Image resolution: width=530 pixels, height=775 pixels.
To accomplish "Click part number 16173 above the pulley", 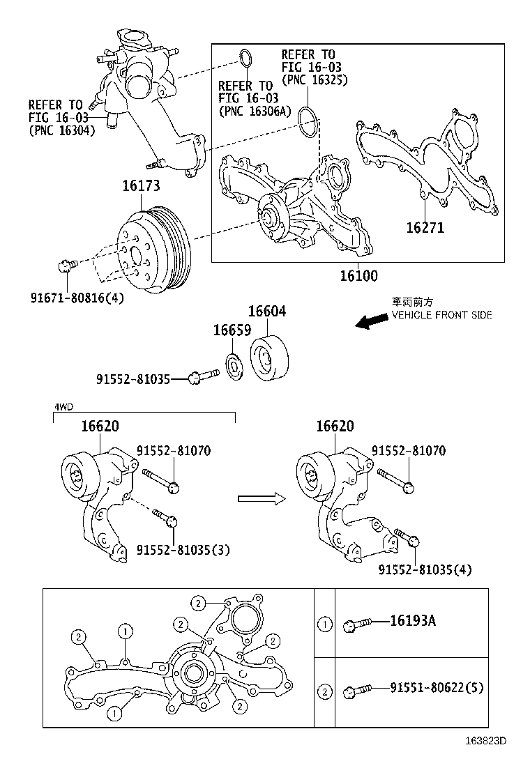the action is [142, 186].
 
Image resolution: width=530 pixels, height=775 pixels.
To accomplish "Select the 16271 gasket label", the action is [425, 228].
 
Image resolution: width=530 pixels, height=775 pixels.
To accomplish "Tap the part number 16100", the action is [359, 276].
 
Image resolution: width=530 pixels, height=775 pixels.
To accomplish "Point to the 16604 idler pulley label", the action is [267, 312].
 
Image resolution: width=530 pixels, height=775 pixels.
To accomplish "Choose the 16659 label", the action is [232, 330].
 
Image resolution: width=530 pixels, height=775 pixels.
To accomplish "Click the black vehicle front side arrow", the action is [372, 321].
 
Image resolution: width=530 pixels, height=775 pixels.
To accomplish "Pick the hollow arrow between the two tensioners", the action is [262, 498].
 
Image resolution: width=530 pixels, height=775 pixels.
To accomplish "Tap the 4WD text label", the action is [63, 407].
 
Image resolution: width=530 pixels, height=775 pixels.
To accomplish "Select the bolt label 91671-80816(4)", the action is [77, 298].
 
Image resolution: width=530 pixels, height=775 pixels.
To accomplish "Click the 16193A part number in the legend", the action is [413, 621].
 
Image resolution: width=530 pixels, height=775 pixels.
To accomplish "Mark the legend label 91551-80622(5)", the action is [437, 687].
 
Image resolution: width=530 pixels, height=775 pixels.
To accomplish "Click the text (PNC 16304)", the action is [62, 130].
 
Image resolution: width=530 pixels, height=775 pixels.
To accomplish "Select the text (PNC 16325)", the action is [315, 79].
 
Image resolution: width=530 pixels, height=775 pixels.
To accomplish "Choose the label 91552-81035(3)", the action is [183, 550].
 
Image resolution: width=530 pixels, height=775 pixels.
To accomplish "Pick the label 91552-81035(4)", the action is [425, 570].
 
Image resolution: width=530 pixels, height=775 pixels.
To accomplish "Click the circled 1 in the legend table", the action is [324, 624].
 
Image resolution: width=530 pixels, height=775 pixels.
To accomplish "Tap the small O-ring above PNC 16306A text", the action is [245, 58].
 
